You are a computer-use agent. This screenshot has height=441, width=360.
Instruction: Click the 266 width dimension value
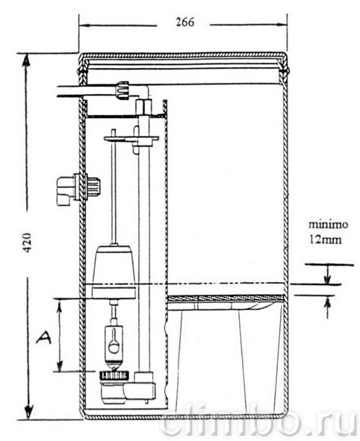point(185,22)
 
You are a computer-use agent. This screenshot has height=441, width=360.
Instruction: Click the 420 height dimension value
point(27,243)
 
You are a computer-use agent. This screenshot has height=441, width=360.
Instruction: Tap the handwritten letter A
point(43,338)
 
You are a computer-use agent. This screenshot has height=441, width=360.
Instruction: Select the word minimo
point(328,225)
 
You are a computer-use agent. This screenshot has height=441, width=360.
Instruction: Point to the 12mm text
point(326,240)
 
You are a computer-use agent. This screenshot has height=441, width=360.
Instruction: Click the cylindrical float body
point(114,272)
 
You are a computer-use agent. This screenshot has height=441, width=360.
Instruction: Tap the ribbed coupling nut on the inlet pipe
point(123,90)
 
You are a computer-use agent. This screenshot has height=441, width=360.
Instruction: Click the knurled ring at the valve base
point(114,375)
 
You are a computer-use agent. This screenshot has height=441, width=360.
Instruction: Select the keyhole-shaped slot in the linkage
point(114,341)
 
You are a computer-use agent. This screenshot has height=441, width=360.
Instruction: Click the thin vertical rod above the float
point(114,187)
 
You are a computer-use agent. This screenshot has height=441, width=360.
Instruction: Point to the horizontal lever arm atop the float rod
point(131,138)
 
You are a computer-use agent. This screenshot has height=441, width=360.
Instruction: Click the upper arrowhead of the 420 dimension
point(26,60)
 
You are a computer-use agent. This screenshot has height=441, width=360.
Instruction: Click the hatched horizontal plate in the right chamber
point(225,298)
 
